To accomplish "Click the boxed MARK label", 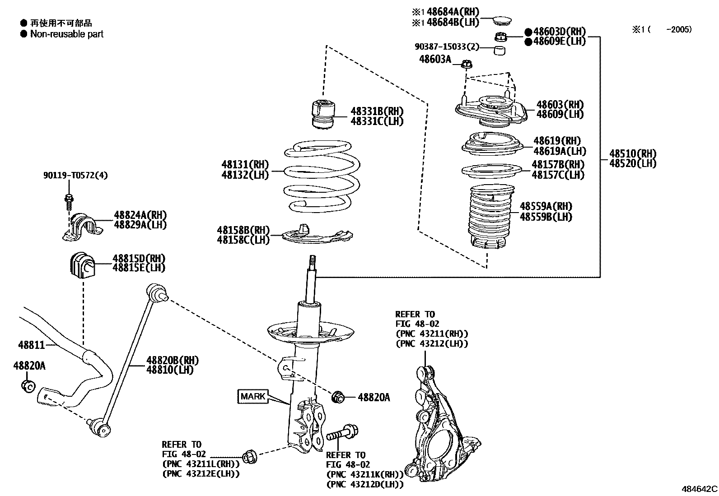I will point(253,396).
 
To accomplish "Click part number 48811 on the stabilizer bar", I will point(32,345).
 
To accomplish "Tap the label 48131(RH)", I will point(245,165).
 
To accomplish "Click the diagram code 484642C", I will point(699,489).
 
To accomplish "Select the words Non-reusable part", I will point(67,34).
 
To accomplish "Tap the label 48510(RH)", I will point(633,153).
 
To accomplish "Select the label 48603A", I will point(434,59).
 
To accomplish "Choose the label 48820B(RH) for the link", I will point(173,360).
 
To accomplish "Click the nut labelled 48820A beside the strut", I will point(337,397).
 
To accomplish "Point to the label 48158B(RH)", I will point(243,230).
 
